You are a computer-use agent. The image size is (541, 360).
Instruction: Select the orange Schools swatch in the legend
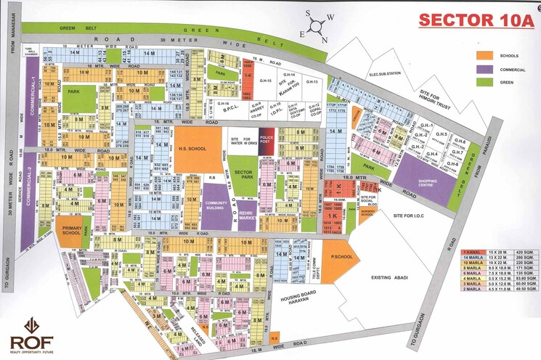485,55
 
